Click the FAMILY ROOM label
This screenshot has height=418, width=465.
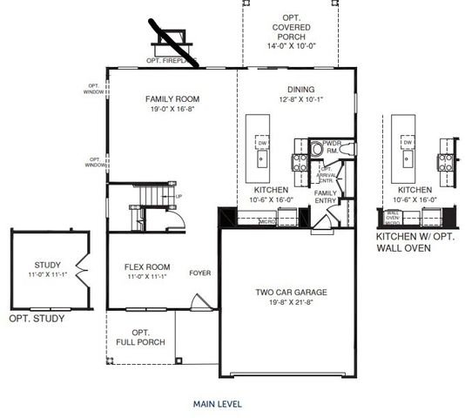[x=172, y=99]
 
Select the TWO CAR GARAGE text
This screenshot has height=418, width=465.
[x=290, y=293]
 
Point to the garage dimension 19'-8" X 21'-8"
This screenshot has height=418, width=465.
[x=290, y=304]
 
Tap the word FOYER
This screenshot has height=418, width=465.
[x=200, y=273]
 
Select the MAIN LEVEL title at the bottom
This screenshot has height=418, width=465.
[x=217, y=404]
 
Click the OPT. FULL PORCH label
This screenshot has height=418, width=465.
[x=140, y=338]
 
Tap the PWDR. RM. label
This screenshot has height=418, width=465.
[x=332, y=146]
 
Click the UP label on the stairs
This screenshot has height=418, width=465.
[x=179, y=196]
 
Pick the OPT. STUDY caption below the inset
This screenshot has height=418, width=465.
[x=37, y=319]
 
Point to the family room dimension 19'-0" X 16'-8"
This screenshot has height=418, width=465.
[x=172, y=111]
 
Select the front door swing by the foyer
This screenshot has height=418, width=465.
[x=196, y=302]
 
